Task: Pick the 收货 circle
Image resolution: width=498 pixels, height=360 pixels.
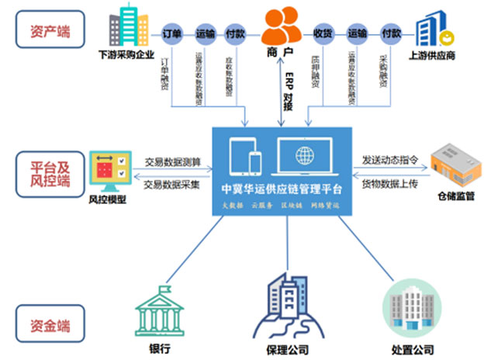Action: point(323,34)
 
